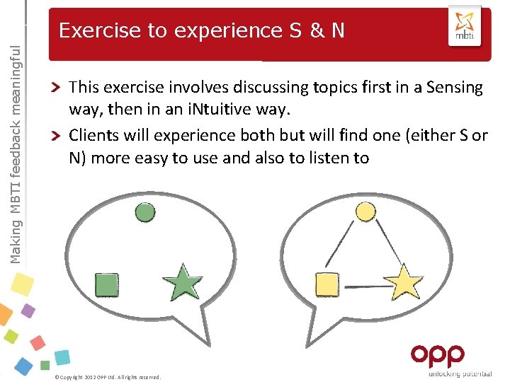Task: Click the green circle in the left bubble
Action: click(x=144, y=212)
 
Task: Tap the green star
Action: click(x=183, y=282)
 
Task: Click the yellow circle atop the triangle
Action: click(x=364, y=212)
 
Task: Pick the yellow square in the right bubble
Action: click(x=326, y=284)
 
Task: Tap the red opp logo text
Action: click(x=437, y=355)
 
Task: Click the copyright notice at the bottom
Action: click(x=108, y=377)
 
